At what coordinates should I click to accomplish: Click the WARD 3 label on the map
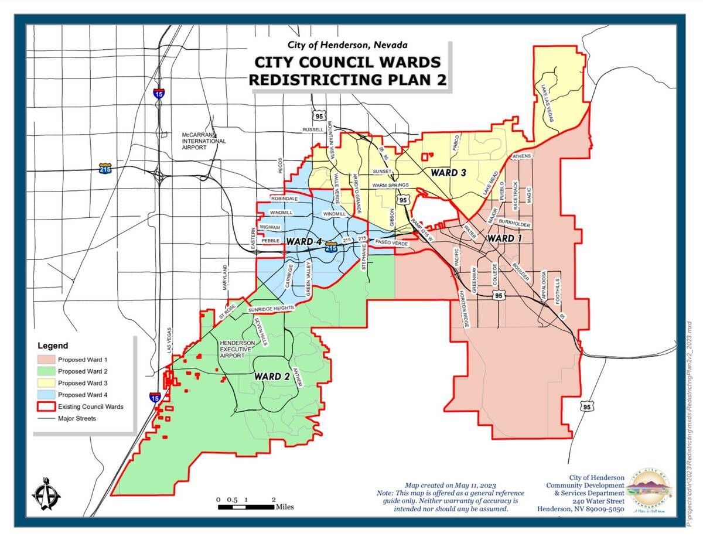pyautogui.click(x=448, y=173)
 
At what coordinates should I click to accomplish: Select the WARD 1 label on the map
pyautogui.click(x=505, y=238)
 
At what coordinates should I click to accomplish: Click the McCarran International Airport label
pyautogui.click(x=203, y=141)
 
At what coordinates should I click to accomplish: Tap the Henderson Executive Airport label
pyautogui.click(x=237, y=349)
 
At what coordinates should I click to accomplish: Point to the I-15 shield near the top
pyautogui.click(x=159, y=93)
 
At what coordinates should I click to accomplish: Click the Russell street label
pyautogui.click(x=313, y=130)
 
